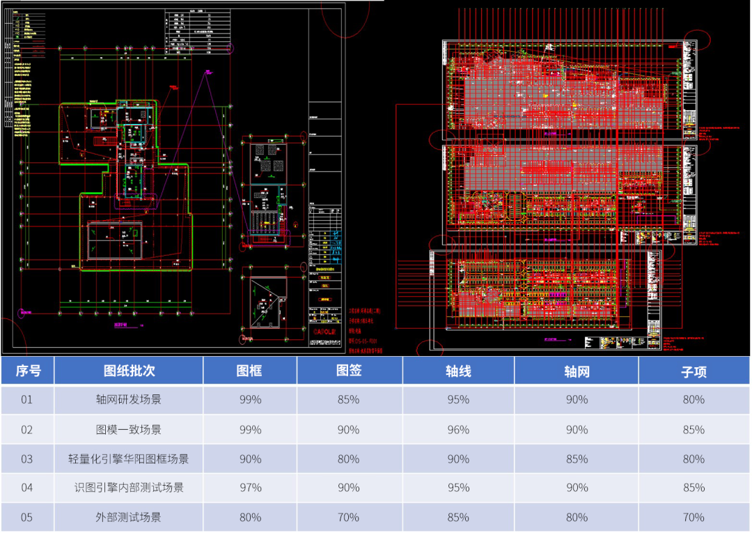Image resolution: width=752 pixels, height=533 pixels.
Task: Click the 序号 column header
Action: point(28,371)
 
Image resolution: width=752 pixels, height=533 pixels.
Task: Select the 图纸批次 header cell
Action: point(128,371)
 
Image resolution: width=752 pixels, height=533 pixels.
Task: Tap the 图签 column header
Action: point(348,371)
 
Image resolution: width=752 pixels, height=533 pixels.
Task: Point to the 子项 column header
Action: point(694,372)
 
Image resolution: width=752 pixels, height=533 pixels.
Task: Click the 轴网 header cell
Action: point(577,372)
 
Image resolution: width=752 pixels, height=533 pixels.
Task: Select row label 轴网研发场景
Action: point(128,400)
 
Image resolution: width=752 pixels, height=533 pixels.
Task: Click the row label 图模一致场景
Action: point(128,430)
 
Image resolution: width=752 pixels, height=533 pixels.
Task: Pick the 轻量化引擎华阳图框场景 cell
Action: point(128,459)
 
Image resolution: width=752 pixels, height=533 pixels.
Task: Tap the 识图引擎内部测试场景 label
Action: point(128,488)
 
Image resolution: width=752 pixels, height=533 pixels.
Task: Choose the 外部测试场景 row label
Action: point(128,518)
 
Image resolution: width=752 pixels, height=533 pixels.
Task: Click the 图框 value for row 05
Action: point(250,518)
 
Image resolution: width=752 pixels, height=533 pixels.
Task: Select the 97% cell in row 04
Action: point(250,488)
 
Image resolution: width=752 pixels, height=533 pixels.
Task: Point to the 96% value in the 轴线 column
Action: point(458,430)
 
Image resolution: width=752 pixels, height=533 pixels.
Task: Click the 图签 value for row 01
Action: point(348,400)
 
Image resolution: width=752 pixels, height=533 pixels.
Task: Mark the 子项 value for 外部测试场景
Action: point(694,518)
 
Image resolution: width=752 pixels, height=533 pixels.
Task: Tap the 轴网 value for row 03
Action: point(577,459)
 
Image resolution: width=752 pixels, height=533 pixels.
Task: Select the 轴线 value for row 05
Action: point(458,518)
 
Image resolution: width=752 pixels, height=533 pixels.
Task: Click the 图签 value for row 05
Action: point(348,518)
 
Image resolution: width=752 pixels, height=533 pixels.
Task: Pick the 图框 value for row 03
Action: point(250,459)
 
